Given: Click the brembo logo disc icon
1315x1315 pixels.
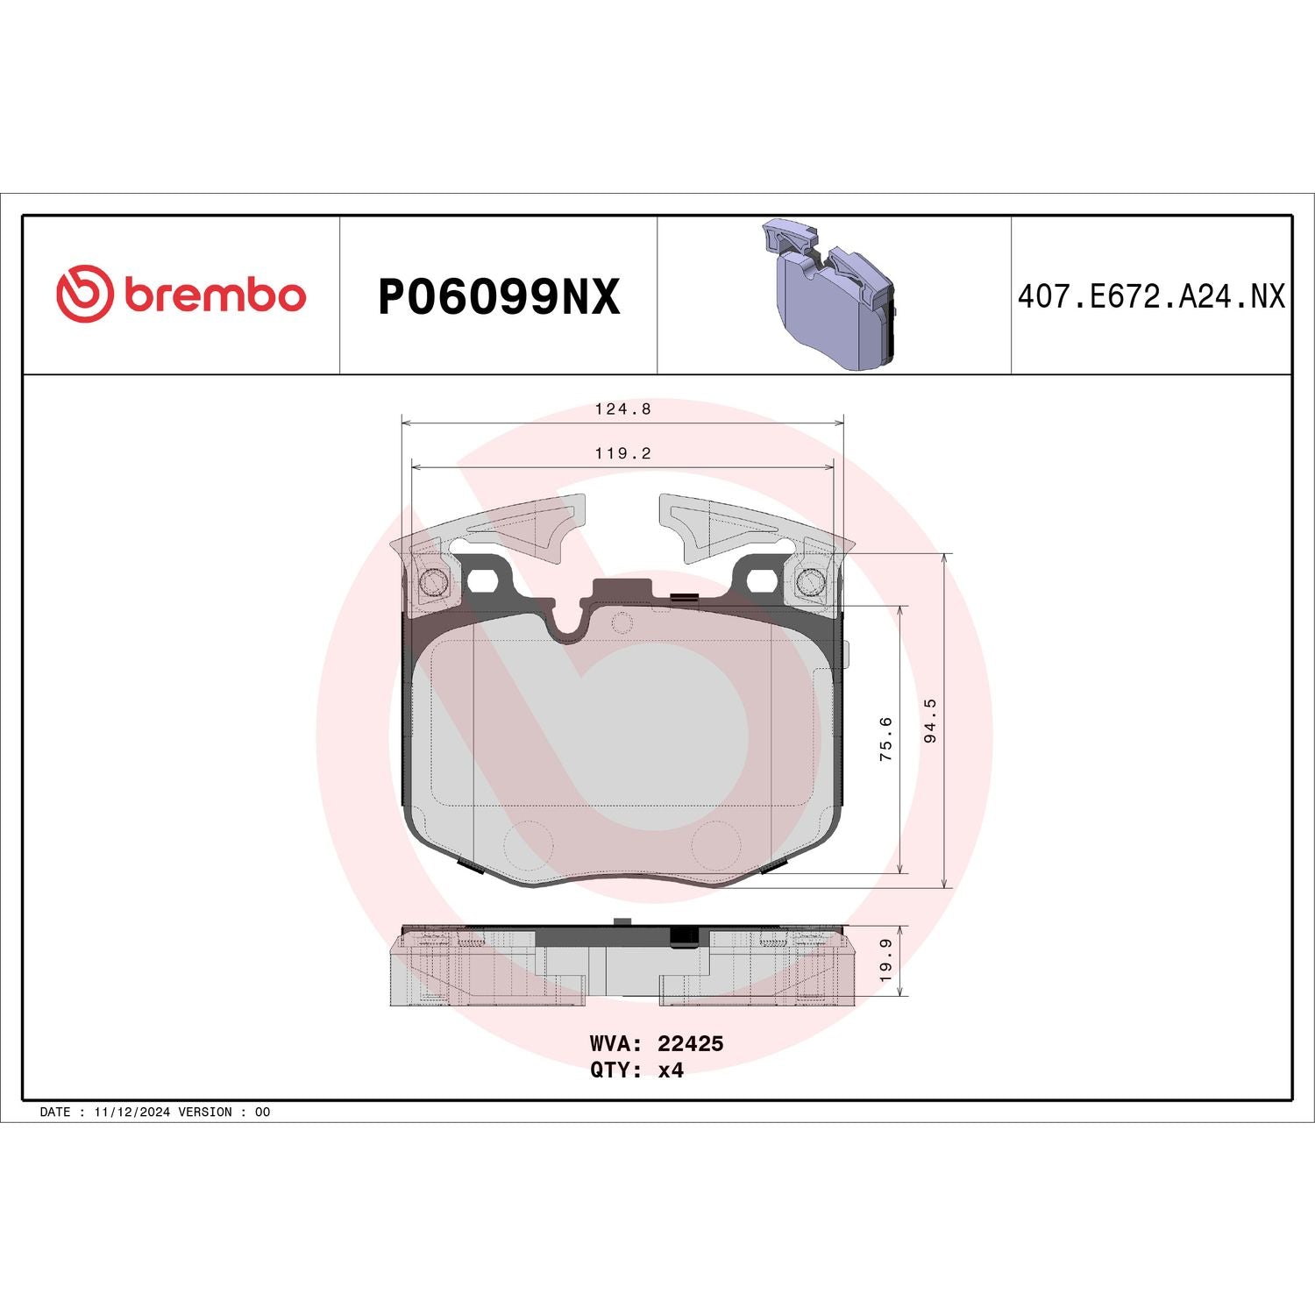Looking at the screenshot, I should (84, 293).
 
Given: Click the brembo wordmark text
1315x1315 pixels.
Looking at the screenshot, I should (215, 295).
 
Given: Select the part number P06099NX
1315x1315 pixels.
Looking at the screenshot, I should (498, 296).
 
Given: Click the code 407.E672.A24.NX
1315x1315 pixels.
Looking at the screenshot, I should (1150, 296).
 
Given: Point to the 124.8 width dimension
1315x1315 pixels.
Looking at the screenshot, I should (622, 409).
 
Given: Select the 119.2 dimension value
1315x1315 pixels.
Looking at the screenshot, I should (622, 454).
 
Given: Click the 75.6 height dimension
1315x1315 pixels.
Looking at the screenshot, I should (886, 738).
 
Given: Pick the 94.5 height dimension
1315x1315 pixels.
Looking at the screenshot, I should (930, 721).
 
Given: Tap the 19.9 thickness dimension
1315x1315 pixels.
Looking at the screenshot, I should (886, 959).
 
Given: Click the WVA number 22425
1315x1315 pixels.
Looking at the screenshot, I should (690, 1043).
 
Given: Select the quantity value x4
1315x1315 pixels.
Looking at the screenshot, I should (671, 1070).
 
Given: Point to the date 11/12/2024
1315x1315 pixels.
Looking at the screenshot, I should (131, 1112).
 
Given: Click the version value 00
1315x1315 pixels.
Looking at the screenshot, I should (262, 1112).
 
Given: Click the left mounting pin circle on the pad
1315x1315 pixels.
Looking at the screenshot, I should (433, 581).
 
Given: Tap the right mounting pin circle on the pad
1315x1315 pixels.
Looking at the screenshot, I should (810, 581).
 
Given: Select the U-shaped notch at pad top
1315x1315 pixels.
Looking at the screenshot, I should (571, 619).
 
